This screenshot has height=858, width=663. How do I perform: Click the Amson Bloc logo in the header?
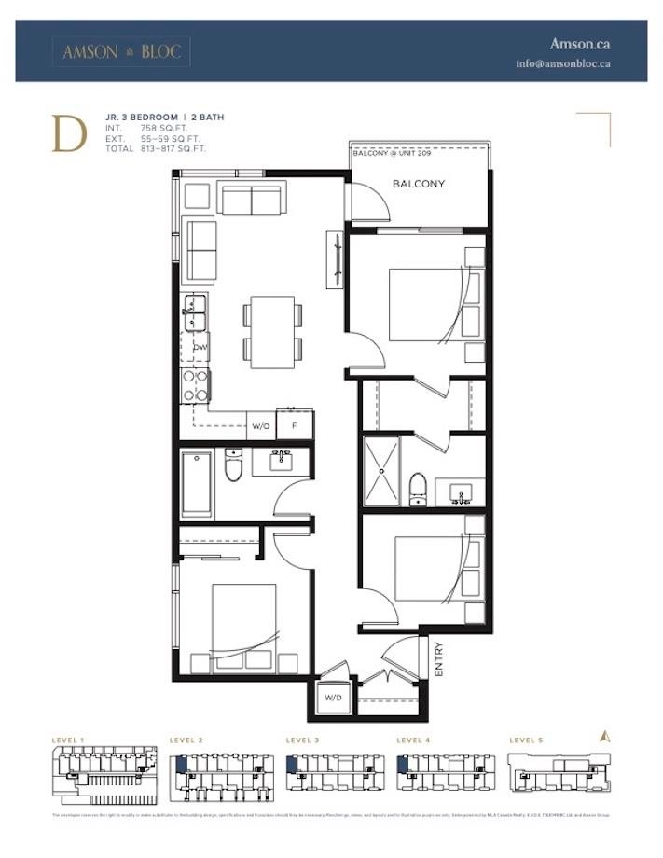pos(121,52)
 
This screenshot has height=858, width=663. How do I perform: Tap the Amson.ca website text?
pos(579,44)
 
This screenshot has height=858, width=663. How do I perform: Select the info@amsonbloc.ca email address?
pos(563,64)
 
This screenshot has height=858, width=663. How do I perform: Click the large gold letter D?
pos(69,133)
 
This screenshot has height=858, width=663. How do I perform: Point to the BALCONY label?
pos(419,184)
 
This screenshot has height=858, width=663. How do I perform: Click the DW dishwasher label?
pos(200,347)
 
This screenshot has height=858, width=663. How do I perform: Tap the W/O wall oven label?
pos(261,426)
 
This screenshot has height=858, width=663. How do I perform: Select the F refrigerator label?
pos(294,426)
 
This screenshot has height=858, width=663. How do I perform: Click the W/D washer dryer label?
pos(333,697)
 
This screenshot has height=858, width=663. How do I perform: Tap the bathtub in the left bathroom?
pos(198,483)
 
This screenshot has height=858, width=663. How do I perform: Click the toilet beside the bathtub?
pos(234,466)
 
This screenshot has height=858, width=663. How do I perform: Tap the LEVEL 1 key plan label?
pos(68,740)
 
